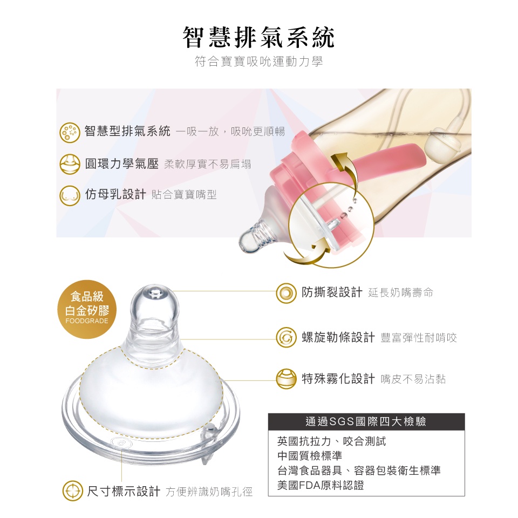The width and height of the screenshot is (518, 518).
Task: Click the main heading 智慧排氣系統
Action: coord(258,37)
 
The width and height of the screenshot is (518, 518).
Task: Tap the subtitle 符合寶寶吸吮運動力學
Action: coord(258,62)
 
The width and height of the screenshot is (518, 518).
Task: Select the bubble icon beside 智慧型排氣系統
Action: coord(70,133)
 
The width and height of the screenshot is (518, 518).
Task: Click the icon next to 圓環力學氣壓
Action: coord(70,164)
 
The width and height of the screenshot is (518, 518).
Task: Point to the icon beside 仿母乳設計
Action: coord(70,195)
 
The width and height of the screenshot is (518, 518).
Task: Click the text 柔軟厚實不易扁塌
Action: coord(207,164)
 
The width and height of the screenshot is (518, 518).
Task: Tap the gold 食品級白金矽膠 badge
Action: coord(87,309)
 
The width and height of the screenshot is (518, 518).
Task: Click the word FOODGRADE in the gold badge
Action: coord(87,321)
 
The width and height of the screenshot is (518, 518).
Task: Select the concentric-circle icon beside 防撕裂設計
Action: coord(286,293)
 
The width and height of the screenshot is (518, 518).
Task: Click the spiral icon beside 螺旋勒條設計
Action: coord(286,337)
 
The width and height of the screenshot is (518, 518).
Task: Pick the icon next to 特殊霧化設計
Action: coord(286,379)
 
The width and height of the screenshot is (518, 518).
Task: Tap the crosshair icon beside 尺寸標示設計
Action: coord(73,491)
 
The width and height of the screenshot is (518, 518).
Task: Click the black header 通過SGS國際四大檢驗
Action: coord(366,421)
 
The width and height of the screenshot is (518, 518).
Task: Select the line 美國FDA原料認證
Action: coord(321,485)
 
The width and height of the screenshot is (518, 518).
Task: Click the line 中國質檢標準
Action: coord(310,456)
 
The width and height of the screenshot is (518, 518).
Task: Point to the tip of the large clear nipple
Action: coord(155,288)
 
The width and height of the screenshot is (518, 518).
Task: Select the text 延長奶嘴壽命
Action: coord(400,292)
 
